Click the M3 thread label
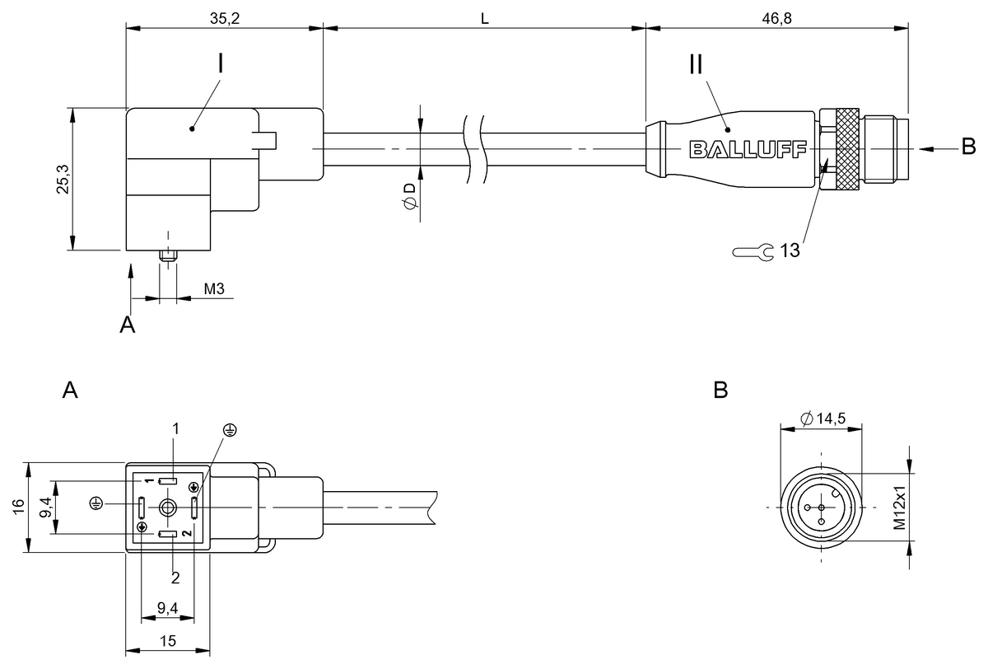(x=213, y=289)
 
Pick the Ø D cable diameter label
(x=409, y=197)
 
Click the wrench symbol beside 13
(x=753, y=251)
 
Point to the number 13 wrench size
(x=790, y=251)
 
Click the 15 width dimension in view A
(x=167, y=640)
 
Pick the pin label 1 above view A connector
(x=175, y=428)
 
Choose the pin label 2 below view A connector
(x=175, y=578)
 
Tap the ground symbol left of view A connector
(x=96, y=503)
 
